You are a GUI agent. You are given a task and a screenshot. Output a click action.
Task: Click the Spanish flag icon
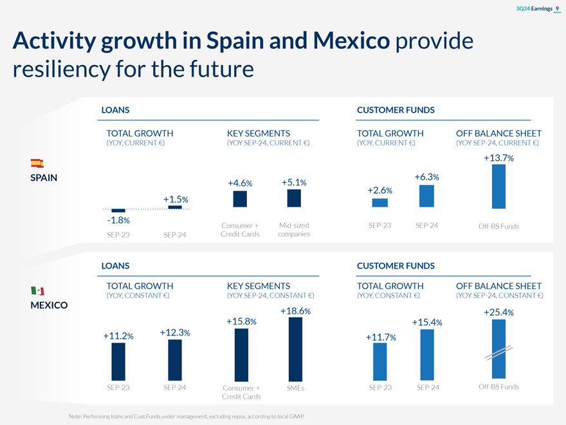click(x=37, y=163)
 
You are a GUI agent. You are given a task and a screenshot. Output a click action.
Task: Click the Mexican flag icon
click(x=37, y=292)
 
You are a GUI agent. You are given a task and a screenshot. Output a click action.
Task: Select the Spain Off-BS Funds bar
click(x=498, y=187)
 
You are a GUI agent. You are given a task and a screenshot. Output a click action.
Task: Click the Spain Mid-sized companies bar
click(x=294, y=198)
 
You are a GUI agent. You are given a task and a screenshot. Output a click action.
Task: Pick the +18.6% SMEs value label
click(x=296, y=311)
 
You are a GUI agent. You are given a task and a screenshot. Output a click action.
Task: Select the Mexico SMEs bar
click(x=296, y=350)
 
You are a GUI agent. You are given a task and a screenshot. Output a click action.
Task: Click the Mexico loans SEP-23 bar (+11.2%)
click(x=118, y=361)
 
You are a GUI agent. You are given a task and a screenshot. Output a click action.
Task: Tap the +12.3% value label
click(x=174, y=332)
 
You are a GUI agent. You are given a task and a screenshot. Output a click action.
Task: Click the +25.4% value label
click(x=498, y=313)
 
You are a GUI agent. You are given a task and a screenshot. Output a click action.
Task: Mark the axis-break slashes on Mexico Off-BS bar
click(x=498, y=353)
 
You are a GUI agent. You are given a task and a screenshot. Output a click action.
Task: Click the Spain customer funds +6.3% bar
click(x=426, y=196)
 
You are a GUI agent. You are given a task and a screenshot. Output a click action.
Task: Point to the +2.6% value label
click(x=380, y=191)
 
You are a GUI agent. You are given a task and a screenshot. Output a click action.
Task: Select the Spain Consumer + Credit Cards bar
click(x=240, y=199)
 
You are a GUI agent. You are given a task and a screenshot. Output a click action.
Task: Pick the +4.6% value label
click(x=240, y=184)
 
